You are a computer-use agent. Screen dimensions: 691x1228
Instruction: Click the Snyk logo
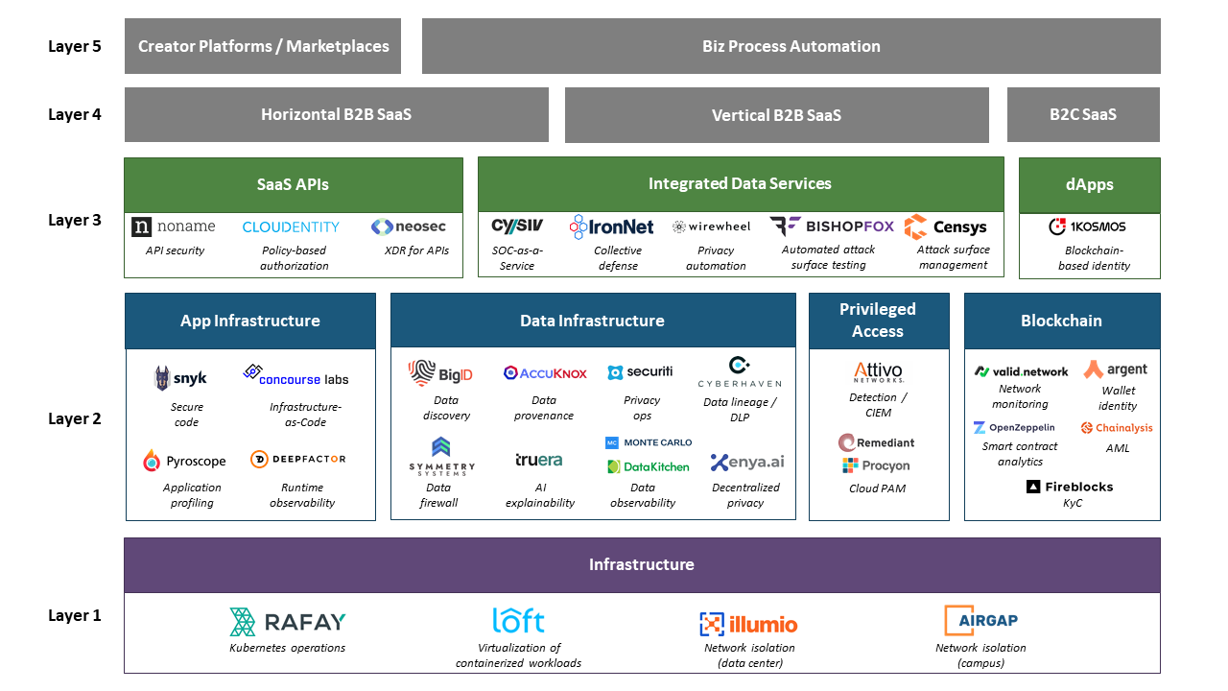point(180,378)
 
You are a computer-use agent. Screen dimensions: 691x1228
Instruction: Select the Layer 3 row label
point(74,220)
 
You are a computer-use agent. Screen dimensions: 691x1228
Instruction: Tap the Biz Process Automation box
point(791,46)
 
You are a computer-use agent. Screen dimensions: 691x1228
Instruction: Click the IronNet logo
point(611,227)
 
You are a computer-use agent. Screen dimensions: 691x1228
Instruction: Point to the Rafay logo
point(288,622)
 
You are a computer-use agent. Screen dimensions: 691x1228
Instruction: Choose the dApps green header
point(1089,184)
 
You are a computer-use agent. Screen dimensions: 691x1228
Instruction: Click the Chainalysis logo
point(1117,428)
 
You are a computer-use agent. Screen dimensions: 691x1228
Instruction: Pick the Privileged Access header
point(878,321)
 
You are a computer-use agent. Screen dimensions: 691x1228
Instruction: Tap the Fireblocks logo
point(1070,487)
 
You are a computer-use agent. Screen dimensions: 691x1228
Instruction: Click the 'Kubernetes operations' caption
point(287,648)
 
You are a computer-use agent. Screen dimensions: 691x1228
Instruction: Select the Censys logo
point(946,227)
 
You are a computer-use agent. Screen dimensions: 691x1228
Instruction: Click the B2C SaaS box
point(1083,114)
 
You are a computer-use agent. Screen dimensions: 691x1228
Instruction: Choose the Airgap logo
point(980,621)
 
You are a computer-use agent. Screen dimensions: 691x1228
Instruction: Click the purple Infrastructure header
point(642,564)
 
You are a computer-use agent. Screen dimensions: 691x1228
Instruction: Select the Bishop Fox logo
point(831,226)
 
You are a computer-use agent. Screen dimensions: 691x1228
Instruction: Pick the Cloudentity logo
point(291,227)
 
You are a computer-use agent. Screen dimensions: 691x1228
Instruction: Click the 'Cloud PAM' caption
point(877,488)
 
